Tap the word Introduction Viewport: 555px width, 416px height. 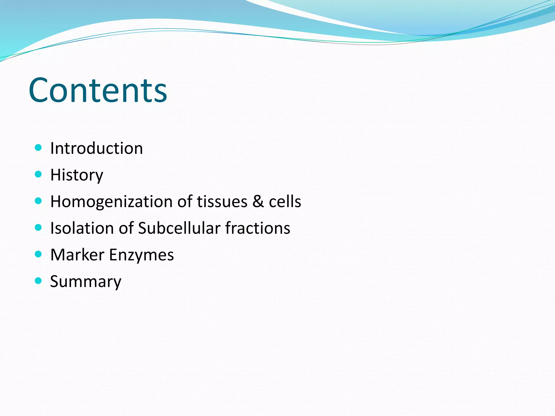pos(96,148)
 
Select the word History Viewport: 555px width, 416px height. pos(77,175)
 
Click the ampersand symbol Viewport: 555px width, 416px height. pos(258,202)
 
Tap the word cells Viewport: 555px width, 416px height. pos(285,202)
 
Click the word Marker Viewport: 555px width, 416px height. pos(77,255)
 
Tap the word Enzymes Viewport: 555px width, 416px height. pos(141,255)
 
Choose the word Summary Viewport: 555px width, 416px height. pos(86,282)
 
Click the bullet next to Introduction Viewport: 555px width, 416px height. pos(38,148)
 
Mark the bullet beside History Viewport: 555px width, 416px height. pos(38,174)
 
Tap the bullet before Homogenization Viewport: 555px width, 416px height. pos(38,201)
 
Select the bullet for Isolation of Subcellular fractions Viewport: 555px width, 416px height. pos(38,227)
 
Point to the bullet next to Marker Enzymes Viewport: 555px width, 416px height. pos(38,254)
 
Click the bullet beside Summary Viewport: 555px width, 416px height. pos(38,281)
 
